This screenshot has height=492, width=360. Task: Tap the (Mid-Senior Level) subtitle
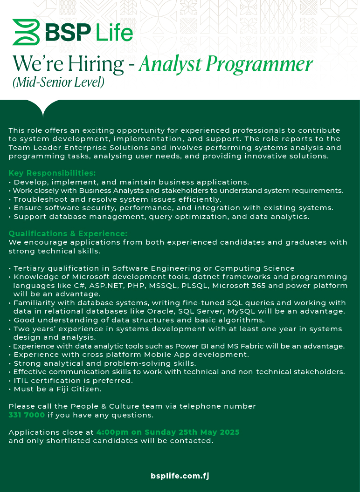point(58,82)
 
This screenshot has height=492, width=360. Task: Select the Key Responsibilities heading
point(52,173)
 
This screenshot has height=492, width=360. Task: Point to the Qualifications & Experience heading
point(68,233)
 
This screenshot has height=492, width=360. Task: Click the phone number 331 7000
point(27,415)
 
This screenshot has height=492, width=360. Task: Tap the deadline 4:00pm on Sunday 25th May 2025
point(168,432)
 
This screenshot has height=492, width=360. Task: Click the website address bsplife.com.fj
point(180,476)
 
